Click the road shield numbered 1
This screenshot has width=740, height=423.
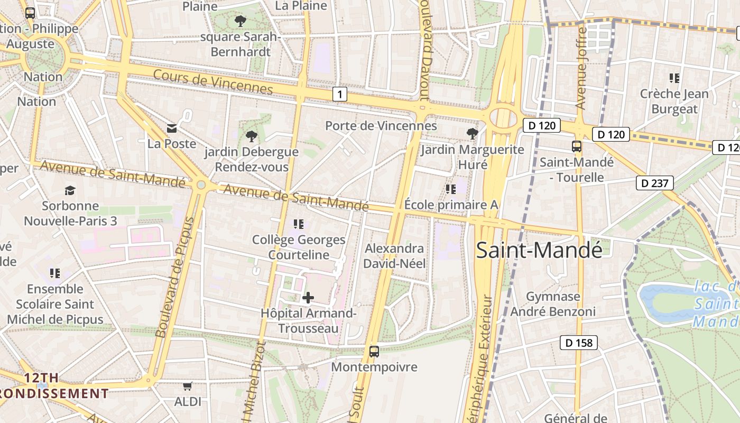(x=340, y=95)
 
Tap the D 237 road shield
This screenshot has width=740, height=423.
(x=655, y=183)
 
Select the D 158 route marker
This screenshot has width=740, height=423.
(x=579, y=343)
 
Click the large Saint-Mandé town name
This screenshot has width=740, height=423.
(x=539, y=250)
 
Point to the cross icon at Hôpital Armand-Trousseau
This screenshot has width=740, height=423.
(x=308, y=298)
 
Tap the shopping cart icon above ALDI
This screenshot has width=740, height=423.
(x=187, y=387)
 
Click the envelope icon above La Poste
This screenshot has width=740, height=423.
(x=172, y=128)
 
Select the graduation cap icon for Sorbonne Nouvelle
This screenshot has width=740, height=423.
(x=70, y=190)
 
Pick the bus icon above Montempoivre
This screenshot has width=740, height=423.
(x=374, y=351)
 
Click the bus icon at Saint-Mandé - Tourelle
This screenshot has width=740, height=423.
(x=577, y=146)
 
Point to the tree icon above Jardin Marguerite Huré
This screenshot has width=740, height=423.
(x=472, y=134)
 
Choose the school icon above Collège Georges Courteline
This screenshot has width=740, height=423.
(x=299, y=224)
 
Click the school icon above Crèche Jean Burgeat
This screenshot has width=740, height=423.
(x=674, y=78)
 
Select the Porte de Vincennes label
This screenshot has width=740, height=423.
(x=381, y=126)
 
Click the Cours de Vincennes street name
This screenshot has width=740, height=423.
(x=212, y=82)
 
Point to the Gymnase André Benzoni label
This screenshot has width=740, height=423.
(x=553, y=304)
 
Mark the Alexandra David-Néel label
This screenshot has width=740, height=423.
(x=394, y=256)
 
